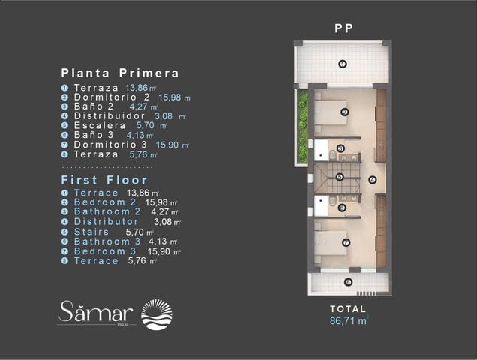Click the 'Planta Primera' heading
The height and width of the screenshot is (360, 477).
coord(120,73)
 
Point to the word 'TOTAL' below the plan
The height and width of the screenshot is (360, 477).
coord(348,308)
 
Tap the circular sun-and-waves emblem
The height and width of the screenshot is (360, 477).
coord(157,314)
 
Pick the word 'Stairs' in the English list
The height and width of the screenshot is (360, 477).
coord(91,232)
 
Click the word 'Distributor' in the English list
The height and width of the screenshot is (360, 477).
coord(106,222)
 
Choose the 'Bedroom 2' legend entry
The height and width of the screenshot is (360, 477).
coord(104,202)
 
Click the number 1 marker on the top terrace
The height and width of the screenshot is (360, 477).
coord(342,64)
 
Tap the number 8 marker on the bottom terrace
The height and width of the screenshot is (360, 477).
coord(347,282)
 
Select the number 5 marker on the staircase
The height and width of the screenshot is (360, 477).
coord(340,178)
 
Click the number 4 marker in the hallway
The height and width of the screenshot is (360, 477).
coord(373,179)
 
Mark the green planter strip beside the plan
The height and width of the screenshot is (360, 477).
coord(303,126)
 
